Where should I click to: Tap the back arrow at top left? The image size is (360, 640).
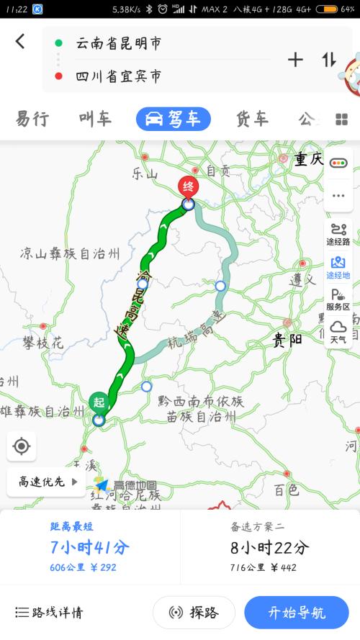[19, 42]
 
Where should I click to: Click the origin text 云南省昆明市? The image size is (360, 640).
[118, 44]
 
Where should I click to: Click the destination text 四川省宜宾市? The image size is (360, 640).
[118, 76]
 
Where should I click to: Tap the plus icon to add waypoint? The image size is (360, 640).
[295, 60]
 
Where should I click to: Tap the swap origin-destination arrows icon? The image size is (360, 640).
[329, 60]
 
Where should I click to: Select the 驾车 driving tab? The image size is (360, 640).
[174, 119]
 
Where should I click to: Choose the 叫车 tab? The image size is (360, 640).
[95, 119]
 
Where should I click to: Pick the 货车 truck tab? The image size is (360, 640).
[251, 119]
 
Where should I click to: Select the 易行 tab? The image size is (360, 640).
[32, 119]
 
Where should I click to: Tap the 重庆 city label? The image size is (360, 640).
[308, 160]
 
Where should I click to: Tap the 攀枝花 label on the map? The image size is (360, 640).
[42, 343]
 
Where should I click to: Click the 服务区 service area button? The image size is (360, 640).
[338, 299]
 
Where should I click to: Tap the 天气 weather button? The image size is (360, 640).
[338, 333]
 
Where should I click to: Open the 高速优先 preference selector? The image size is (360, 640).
[48, 482]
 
